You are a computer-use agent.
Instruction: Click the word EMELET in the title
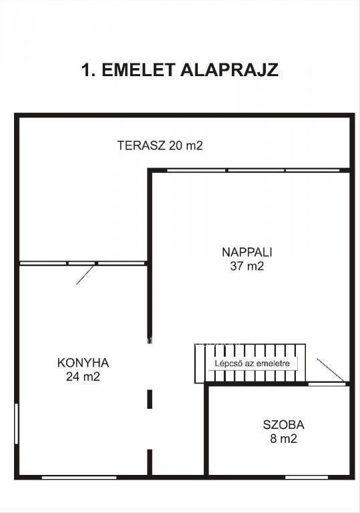pyautogui.click(x=140, y=70)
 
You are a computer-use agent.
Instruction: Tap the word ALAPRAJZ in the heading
pyautogui.click(x=230, y=70)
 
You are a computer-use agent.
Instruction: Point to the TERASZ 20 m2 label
pyautogui.click(x=160, y=145)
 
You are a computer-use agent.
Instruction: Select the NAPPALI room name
pyautogui.click(x=247, y=252)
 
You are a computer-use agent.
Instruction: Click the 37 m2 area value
pyautogui.click(x=247, y=266)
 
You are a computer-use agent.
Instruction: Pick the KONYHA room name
pyautogui.click(x=83, y=363)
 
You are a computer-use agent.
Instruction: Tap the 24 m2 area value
pyautogui.click(x=83, y=377)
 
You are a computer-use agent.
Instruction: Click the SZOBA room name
pyautogui.click(x=283, y=425)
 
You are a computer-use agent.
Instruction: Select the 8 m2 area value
pyautogui.click(x=283, y=438)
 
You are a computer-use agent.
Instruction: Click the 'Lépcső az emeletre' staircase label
pyautogui.click(x=252, y=363)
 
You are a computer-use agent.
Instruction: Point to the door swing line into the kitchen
pyautogui.click(x=85, y=275)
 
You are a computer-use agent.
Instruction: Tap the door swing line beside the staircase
pyautogui.click(x=331, y=370)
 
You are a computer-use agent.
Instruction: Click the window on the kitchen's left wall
pyautogui.click(x=16, y=423)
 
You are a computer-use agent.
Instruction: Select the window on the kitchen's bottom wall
pyautogui.click(x=79, y=478)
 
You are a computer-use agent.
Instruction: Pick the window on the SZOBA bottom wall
pyautogui.click(x=307, y=478)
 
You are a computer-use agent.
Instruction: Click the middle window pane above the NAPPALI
pyautogui.click(x=256, y=170)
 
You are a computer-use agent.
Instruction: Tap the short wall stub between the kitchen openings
pyautogui.click(x=150, y=399)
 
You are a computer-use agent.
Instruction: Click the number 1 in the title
pyautogui.click(x=85, y=70)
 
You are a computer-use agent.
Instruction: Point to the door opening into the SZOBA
pyautogui.click(x=327, y=384)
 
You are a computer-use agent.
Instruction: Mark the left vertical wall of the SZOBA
pyautogui.click(x=206, y=430)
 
